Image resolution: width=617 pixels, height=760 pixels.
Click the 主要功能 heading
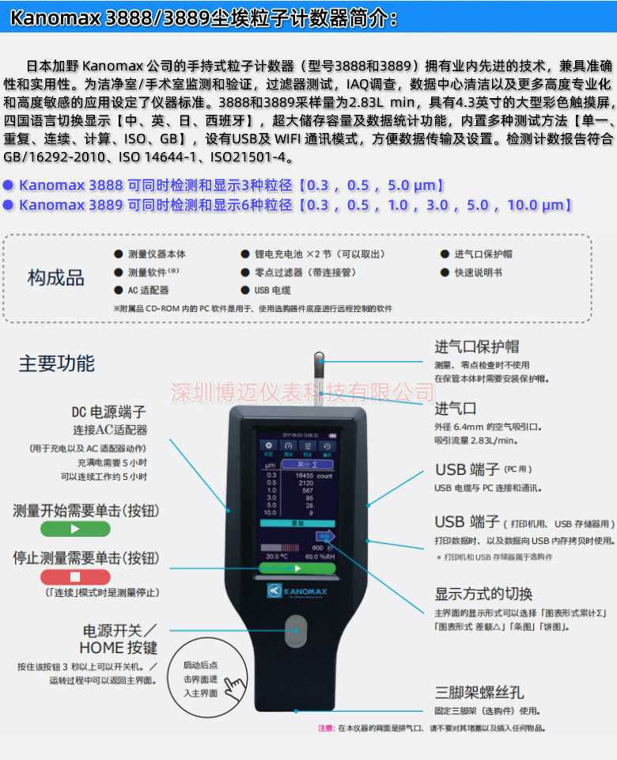click(57, 363)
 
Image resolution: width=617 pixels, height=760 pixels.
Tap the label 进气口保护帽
click(476, 347)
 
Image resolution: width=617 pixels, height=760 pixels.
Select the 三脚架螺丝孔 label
click(479, 692)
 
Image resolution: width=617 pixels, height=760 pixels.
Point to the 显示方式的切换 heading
click(483, 594)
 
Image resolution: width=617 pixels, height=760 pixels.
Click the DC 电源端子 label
click(109, 412)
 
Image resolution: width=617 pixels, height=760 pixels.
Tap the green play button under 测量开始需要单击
click(75, 529)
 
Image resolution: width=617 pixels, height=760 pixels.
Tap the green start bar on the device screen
click(297, 568)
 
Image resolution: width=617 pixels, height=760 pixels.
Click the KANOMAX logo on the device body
click(297, 590)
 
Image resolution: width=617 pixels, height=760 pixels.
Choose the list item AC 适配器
click(148, 291)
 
